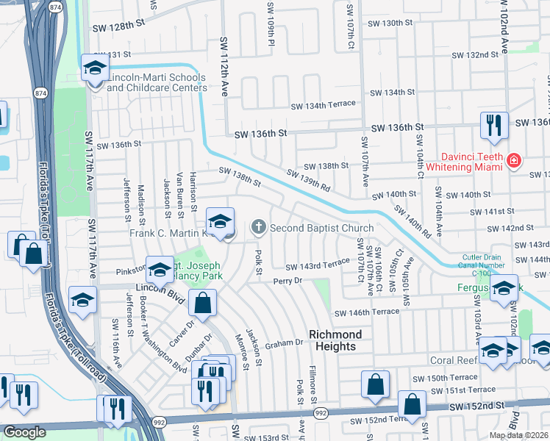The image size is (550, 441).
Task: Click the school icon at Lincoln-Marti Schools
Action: pos(94,69)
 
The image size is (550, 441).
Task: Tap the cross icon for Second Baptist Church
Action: pos(258,228)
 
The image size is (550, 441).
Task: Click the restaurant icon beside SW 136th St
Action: pos(493,124)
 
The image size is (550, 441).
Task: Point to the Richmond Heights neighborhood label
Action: pos(332,340)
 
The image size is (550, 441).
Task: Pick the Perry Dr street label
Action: pos(287,281)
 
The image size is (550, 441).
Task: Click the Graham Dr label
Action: pos(285,343)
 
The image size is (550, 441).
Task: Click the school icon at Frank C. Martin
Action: pos(220,220)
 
